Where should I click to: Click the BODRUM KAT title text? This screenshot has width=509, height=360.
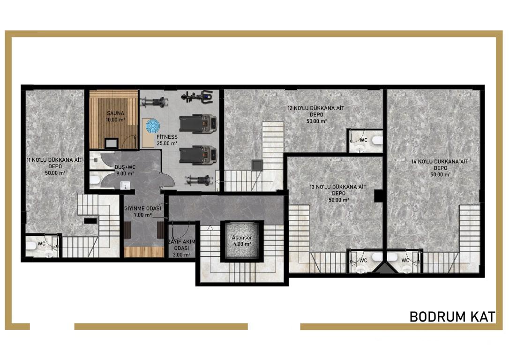(452, 316)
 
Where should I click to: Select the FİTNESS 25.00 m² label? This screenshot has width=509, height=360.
(167, 140)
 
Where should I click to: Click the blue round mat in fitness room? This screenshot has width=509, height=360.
(153, 126)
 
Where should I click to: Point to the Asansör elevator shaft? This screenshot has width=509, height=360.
(242, 240)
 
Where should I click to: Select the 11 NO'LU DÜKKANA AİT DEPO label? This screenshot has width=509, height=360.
(55, 166)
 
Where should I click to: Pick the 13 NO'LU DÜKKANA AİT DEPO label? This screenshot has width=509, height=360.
(338, 193)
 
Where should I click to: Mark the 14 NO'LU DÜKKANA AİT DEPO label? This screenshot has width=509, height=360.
(440, 168)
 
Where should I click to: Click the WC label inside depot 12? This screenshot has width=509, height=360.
(363, 140)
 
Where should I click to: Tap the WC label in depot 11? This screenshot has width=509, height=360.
(41, 243)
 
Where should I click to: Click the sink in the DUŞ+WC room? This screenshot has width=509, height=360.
(125, 185)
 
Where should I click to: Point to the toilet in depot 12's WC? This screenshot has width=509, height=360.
(377, 141)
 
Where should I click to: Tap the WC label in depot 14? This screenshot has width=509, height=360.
(405, 260)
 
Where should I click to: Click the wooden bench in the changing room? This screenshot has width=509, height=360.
(144, 252)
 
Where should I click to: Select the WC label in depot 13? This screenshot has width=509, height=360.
(363, 260)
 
